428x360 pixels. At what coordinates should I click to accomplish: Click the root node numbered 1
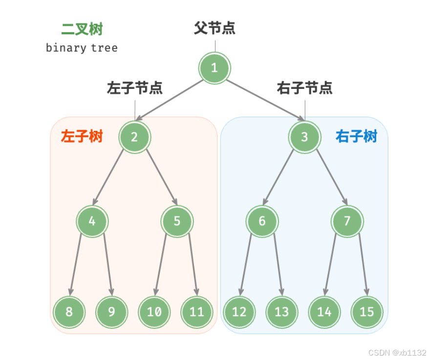pyautogui.click(x=214, y=68)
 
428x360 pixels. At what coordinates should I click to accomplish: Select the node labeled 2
pyautogui.click(x=134, y=137)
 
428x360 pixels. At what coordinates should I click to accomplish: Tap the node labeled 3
pyautogui.click(x=304, y=137)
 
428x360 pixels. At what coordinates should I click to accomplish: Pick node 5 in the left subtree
pyautogui.click(x=177, y=221)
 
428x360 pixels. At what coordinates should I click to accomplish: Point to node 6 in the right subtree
pyautogui.click(x=262, y=221)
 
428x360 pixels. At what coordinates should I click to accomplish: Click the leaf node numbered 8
pyautogui.click(x=69, y=311)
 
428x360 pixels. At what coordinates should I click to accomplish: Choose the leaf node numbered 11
pyautogui.click(x=196, y=311)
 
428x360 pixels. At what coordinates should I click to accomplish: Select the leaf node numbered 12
pyautogui.click(x=239, y=311)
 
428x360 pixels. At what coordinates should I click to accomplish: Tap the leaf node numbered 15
pyautogui.click(x=366, y=311)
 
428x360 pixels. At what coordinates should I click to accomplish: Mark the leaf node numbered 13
pyautogui.click(x=281, y=311)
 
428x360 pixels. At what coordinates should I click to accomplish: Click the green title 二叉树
pyautogui.click(x=82, y=29)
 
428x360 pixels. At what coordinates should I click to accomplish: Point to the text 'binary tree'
pyautogui.click(x=82, y=48)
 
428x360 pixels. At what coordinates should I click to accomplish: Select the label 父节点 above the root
pyautogui.click(x=214, y=28)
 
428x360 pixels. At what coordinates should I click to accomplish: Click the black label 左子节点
pyautogui.click(x=134, y=88)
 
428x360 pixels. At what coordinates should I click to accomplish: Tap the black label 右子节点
pyautogui.click(x=304, y=88)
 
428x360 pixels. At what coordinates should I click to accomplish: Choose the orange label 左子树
pyautogui.click(x=82, y=136)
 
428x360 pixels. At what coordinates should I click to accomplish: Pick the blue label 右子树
pyautogui.click(x=356, y=136)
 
